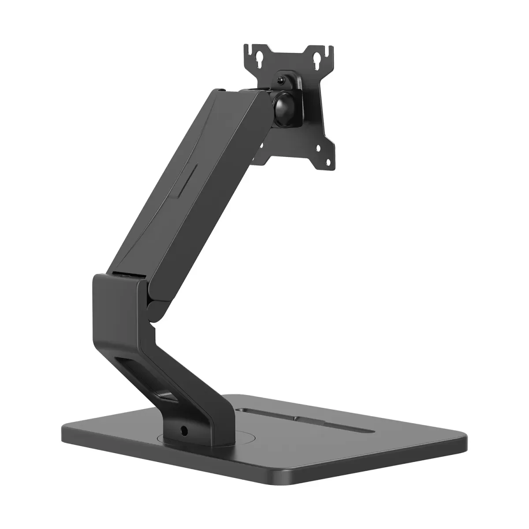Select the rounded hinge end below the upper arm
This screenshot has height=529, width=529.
[153, 308]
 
